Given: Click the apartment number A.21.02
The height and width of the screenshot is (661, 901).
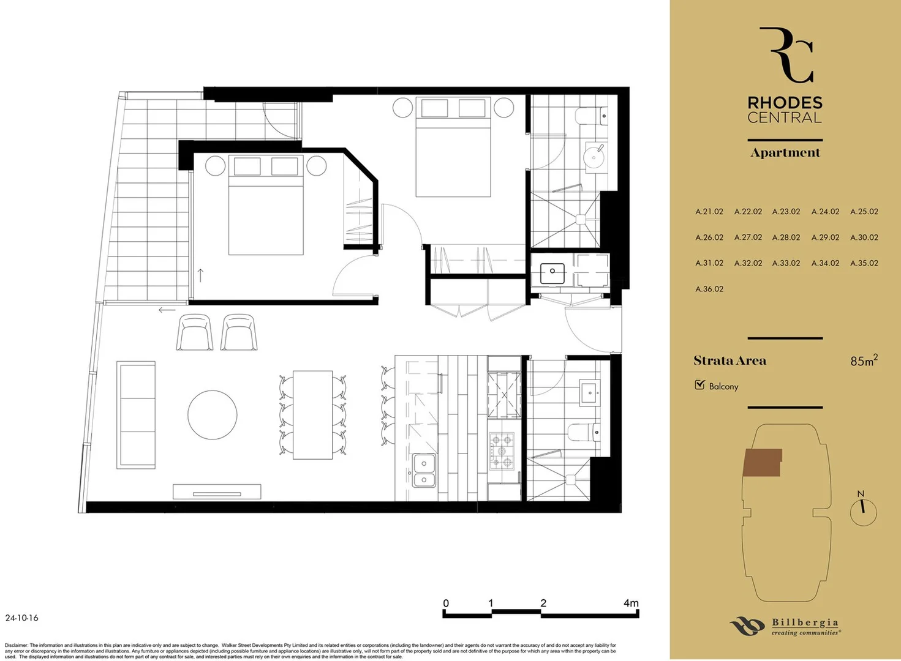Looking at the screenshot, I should (x=709, y=212).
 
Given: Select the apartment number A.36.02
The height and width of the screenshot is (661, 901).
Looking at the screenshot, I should (x=709, y=289).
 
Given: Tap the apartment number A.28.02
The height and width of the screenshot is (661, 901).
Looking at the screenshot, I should (x=786, y=237).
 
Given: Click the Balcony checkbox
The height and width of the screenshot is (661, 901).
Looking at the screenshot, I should (x=700, y=385).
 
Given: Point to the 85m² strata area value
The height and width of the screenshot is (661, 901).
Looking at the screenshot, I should (x=863, y=360).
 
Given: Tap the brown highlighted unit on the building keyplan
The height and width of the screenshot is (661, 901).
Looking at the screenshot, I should (x=762, y=462).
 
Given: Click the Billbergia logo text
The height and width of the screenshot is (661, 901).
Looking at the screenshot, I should (x=804, y=623).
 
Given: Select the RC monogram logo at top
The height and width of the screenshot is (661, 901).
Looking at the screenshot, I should (x=786, y=55).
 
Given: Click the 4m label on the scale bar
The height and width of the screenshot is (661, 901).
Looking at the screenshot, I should (x=630, y=603).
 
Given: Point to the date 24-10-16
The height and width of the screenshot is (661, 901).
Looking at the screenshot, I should (x=21, y=618).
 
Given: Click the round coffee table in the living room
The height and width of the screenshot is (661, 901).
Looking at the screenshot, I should (x=212, y=414).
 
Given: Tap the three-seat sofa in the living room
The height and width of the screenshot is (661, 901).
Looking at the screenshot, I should (x=136, y=414).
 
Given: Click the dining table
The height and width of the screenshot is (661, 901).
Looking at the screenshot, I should (x=312, y=414).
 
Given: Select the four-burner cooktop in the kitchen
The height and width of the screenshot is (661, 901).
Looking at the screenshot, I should (x=501, y=450).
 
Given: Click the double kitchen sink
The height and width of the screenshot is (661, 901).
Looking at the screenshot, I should (x=423, y=471).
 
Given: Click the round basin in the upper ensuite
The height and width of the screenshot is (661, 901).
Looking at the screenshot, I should (x=594, y=157).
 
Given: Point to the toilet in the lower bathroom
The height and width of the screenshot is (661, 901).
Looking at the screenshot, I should (x=584, y=433).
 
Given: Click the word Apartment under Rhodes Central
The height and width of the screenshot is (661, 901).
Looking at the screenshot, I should (x=785, y=153).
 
